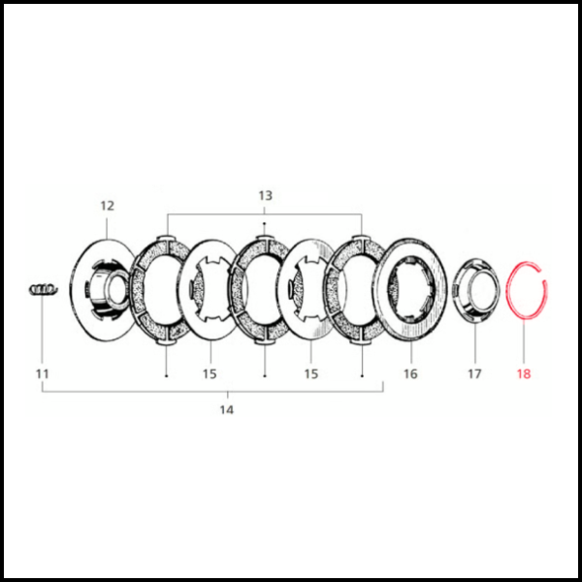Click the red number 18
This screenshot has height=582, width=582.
(x=524, y=373)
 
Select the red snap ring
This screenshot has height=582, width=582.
(x=508, y=291)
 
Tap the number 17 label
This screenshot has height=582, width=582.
(x=474, y=373)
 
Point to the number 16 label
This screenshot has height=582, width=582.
(x=410, y=373)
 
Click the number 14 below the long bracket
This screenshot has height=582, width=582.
(x=227, y=409)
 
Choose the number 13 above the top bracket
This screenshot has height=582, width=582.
(x=265, y=195)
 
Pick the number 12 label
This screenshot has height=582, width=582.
(x=108, y=206)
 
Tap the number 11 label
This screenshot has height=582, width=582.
(x=43, y=373)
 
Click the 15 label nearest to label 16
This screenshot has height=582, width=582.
(x=311, y=373)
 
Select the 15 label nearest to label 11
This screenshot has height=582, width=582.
(x=210, y=373)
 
